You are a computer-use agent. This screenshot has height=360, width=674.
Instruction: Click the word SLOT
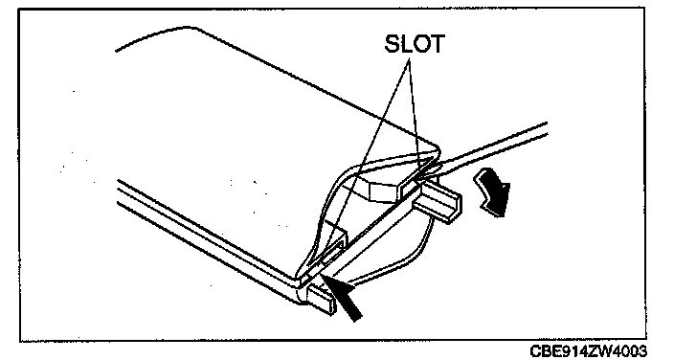[x=414, y=43]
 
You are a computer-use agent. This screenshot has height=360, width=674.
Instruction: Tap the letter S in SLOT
[x=393, y=43]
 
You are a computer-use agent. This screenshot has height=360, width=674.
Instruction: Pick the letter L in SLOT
[x=407, y=43]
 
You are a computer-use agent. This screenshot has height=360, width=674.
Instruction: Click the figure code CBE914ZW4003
[x=588, y=351]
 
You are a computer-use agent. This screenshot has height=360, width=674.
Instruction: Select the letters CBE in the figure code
[x=544, y=351]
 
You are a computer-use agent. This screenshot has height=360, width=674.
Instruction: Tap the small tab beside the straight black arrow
[x=321, y=299]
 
